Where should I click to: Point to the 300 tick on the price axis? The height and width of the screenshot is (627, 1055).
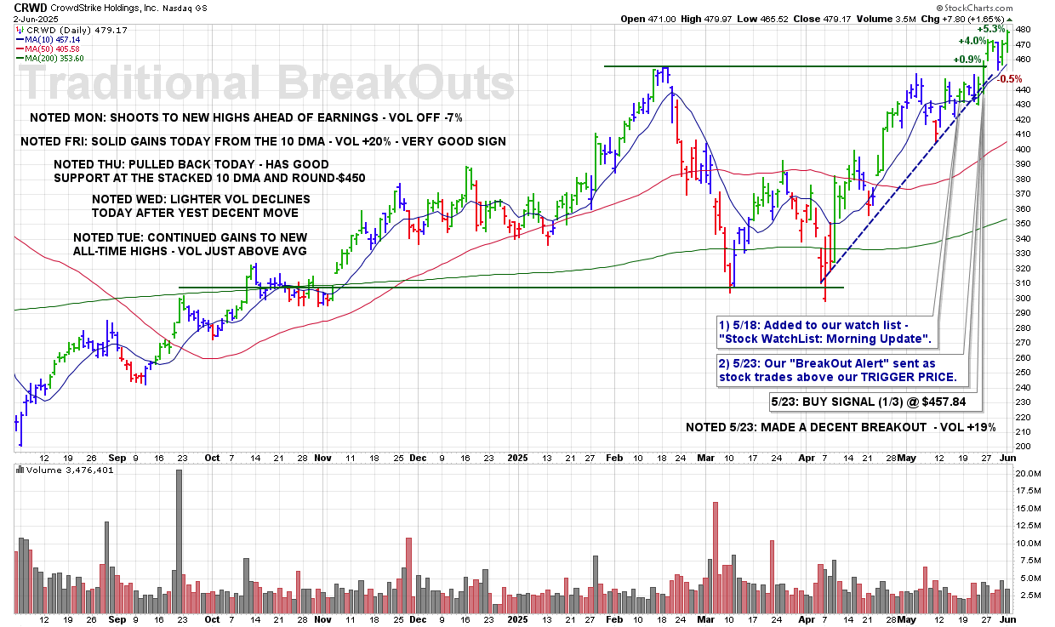1024,298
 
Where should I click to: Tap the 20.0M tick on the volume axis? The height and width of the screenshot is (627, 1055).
1028,473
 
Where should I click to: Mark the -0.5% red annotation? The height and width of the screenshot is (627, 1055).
1011,78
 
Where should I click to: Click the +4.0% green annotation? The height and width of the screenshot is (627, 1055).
972,41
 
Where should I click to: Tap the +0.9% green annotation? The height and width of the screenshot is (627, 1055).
967,60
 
